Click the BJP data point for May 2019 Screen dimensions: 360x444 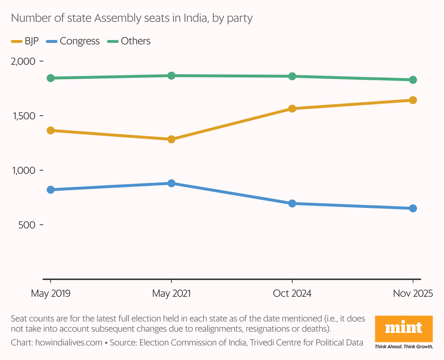[x=51, y=131]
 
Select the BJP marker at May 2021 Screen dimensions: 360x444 [x=171, y=139]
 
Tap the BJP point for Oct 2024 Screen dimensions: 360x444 [x=292, y=109]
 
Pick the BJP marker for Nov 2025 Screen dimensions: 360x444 [x=413, y=100]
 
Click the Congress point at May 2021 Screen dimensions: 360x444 [x=171, y=183]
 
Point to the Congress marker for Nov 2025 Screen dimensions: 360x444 [x=413, y=208]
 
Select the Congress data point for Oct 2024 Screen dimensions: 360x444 [x=292, y=204]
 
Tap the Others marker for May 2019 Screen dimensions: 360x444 [x=51, y=78]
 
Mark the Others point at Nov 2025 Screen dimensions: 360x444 [x=413, y=80]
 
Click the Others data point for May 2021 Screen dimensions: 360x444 [x=171, y=76]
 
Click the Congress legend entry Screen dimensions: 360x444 [x=73, y=41]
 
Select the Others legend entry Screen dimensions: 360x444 [x=129, y=41]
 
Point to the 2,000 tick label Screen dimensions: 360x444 [x=23, y=61]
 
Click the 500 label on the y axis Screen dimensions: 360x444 [x=27, y=225]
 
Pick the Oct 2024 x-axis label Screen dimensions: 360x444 [x=292, y=293]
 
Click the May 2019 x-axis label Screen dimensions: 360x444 [x=51, y=293]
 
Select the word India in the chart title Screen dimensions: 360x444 [x=196, y=18]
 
